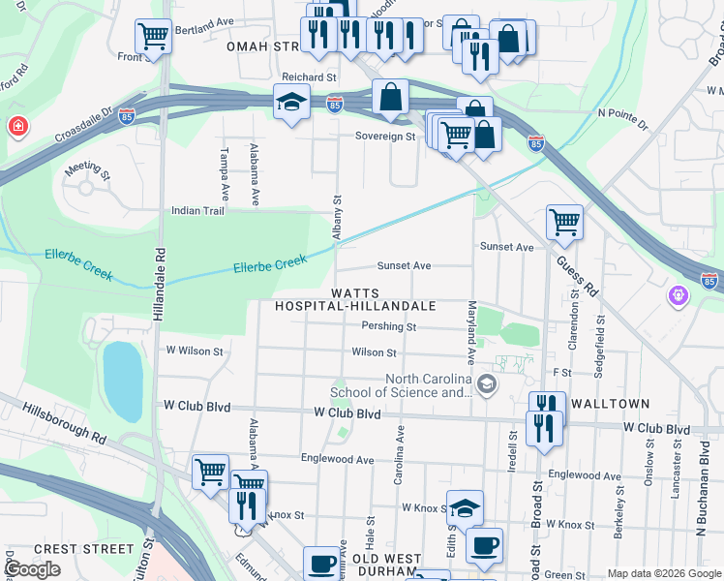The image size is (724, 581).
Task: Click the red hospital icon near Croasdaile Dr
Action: pyautogui.click(x=17, y=127)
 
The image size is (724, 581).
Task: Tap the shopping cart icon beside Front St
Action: pyautogui.click(x=153, y=38)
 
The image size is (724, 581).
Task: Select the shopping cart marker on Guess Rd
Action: pyautogui.click(x=564, y=222)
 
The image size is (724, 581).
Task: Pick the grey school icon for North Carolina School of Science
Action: pyautogui.click(x=487, y=385)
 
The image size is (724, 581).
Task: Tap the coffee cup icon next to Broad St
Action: pyautogui.click(x=484, y=544)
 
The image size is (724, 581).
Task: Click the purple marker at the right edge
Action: pyautogui.click(x=681, y=292)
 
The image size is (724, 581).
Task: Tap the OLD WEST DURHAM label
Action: pyautogui.click(x=387, y=566)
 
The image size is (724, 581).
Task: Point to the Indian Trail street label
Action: pyautogui.click(x=197, y=210)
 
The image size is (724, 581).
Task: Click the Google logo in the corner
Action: pyautogui.click(x=32, y=569)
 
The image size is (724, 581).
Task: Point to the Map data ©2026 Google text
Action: pyautogui.click(x=664, y=573)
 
